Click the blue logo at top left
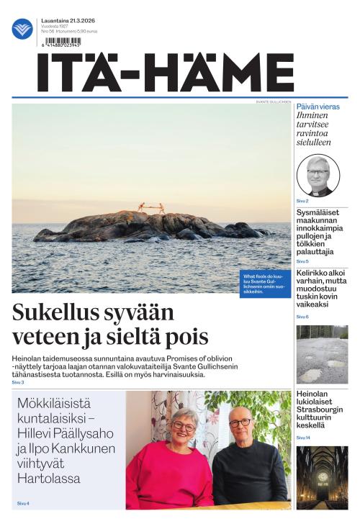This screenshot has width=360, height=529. (x=22, y=29)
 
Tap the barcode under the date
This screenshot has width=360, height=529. (x=62, y=42)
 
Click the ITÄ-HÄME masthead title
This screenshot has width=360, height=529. (x=166, y=73)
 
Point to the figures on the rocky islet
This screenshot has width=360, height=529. (x=151, y=207)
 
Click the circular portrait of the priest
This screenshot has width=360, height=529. (x=318, y=176)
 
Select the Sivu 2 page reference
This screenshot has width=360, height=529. (x=302, y=201)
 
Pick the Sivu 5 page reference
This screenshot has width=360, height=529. (x=302, y=261)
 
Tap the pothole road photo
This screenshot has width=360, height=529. (x=322, y=354)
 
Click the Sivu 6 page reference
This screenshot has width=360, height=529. (x=302, y=317)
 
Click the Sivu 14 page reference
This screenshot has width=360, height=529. (x=303, y=438)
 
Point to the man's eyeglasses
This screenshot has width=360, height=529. (x=240, y=422)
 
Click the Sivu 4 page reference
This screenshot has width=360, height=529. (x=23, y=503)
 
